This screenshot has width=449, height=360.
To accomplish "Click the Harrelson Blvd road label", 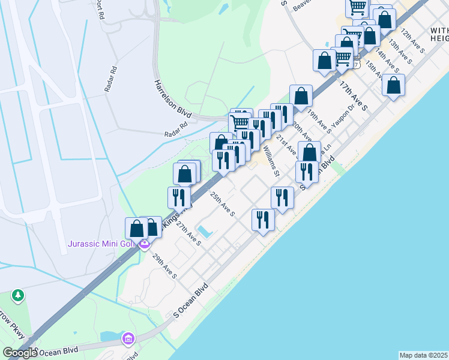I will click(173, 98).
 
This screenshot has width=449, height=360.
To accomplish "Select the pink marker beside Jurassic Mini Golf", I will click(143, 244).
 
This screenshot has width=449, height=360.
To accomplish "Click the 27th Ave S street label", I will click(188, 232).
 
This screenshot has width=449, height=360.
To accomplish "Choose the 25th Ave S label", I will click(222, 204).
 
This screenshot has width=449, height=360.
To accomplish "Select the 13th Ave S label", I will click(400, 52).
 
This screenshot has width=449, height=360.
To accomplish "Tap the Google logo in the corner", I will click(19, 353).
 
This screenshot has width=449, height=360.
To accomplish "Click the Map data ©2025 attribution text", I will click(423, 355).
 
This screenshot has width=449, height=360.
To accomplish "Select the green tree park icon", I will click(19, 295).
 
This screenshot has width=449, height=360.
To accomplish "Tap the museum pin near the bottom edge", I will click(128, 339).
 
